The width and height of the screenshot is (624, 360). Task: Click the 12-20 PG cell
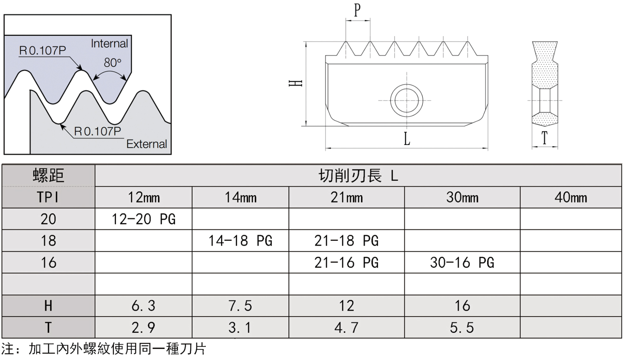143,219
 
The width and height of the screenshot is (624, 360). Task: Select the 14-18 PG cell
240,241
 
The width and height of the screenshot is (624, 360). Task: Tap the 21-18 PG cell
346,241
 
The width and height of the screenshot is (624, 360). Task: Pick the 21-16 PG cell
346,263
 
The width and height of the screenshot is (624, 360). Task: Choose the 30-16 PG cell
462,263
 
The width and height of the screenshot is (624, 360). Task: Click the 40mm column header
571,198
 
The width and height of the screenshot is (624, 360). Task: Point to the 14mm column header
240,198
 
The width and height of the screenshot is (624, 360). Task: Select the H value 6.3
143,306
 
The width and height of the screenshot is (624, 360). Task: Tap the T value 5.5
462,328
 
